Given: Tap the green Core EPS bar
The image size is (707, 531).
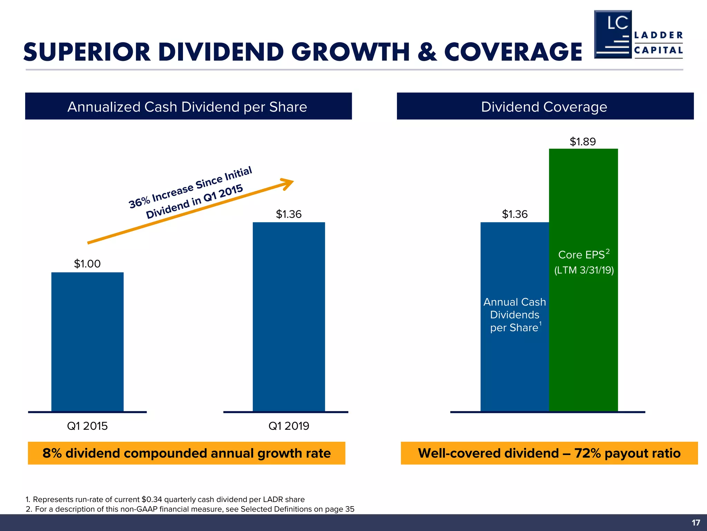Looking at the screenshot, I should [x=583, y=328].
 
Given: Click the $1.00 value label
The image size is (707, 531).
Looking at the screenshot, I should [x=87, y=264].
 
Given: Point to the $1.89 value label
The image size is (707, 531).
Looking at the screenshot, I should [x=583, y=142].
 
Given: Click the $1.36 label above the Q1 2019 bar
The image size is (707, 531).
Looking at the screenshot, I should [x=289, y=214].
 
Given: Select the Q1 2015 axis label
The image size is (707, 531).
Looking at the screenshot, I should [x=87, y=426].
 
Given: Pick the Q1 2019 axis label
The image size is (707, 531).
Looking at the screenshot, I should [x=289, y=426].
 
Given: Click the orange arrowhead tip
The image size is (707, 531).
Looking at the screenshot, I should [x=292, y=181].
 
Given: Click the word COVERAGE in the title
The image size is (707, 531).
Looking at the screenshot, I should [x=513, y=52].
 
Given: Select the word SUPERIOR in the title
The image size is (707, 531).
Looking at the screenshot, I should [x=87, y=52].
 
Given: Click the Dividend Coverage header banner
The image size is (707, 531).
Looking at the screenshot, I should [x=545, y=106].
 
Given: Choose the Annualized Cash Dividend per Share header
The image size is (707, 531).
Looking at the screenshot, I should [x=188, y=106].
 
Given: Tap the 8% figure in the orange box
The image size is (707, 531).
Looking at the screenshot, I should [x=52, y=453].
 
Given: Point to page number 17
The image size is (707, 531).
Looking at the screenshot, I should [x=696, y=523].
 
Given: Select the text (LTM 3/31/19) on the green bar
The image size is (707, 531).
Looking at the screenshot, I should [x=584, y=270].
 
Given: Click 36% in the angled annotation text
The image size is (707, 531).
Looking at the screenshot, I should [x=139, y=202].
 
